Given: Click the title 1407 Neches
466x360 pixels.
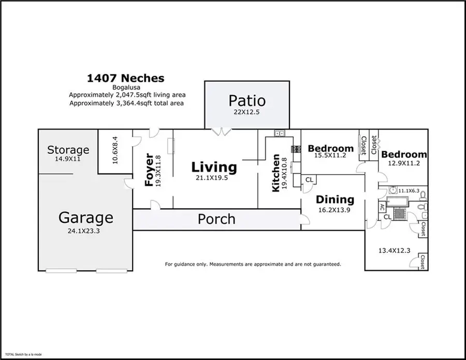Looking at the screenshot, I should (x=125, y=78).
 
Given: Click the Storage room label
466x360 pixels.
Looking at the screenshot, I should (x=68, y=150).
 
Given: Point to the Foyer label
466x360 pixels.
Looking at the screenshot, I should (x=150, y=170).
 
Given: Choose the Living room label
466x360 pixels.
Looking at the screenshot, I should (x=214, y=167).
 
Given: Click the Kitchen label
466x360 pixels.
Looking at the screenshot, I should (x=276, y=173).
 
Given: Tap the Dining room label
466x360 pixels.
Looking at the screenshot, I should (x=335, y=199).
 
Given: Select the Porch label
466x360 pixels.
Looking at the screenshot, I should (x=216, y=219).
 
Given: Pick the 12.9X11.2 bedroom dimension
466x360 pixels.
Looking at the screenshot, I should (x=404, y=163).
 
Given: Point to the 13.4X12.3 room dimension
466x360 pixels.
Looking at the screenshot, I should (x=394, y=251).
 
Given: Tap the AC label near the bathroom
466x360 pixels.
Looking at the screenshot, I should (x=382, y=206).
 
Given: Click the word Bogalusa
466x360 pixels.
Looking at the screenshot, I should (x=125, y=88).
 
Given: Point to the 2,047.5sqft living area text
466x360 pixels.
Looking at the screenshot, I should (x=127, y=95).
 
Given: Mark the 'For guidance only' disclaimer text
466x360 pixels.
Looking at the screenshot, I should (x=253, y=264).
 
